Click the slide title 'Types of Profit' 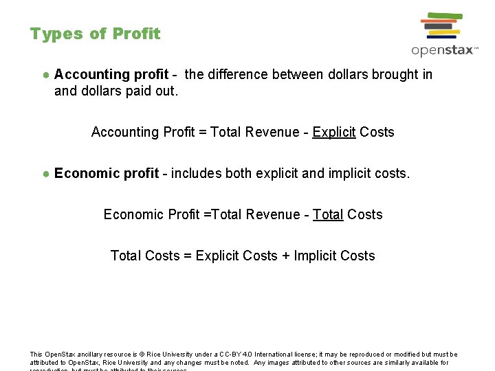[x=95, y=34]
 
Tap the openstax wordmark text [x=444, y=50]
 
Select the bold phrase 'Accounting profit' [x=111, y=74]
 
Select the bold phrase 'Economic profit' [x=107, y=173]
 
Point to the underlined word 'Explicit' [x=333, y=132]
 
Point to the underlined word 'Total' [x=328, y=214]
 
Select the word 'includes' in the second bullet [x=194, y=173]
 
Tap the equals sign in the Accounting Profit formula [x=203, y=132]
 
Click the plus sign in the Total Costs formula [x=285, y=256]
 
